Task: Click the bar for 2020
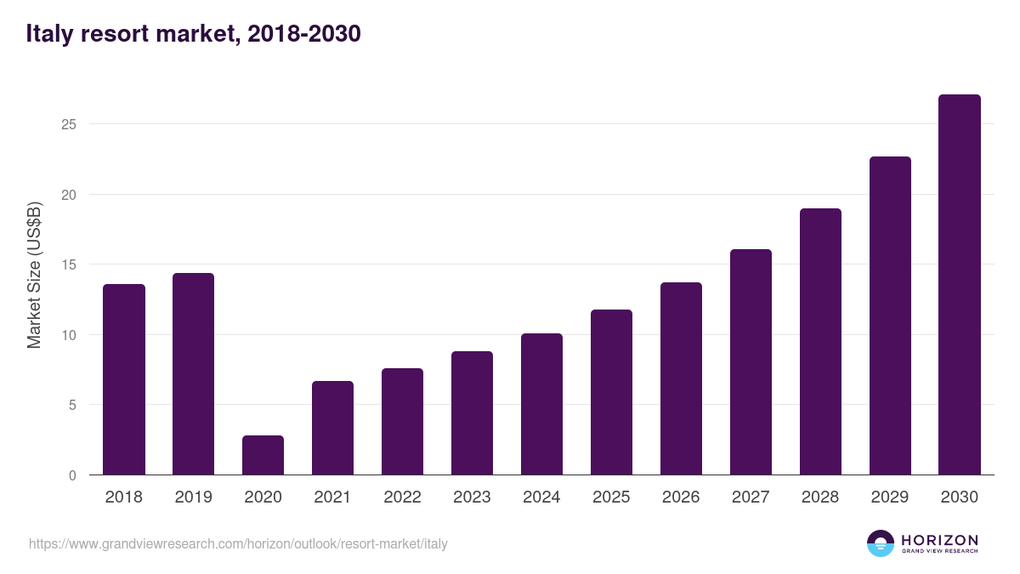(x=263, y=455)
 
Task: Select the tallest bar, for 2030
(x=960, y=285)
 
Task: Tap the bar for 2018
(x=124, y=379)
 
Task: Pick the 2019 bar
(x=193, y=374)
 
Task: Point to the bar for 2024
(x=541, y=404)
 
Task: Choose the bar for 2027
(x=751, y=362)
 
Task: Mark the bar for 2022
(x=402, y=422)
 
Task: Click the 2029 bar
(x=890, y=315)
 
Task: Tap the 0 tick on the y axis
(x=72, y=475)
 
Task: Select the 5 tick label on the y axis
(x=72, y=405)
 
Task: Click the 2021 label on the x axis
(x=332, y=497)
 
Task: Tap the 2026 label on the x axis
(x=681, y=497)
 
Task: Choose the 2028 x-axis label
(x=820, y=497)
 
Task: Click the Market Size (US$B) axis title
(x=34, y=276)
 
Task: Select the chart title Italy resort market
(x=194, y=33)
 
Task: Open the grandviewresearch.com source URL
(x=238, y=543)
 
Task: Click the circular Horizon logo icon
(x=881, y=543)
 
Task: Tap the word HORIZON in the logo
(x=939, y=539)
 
